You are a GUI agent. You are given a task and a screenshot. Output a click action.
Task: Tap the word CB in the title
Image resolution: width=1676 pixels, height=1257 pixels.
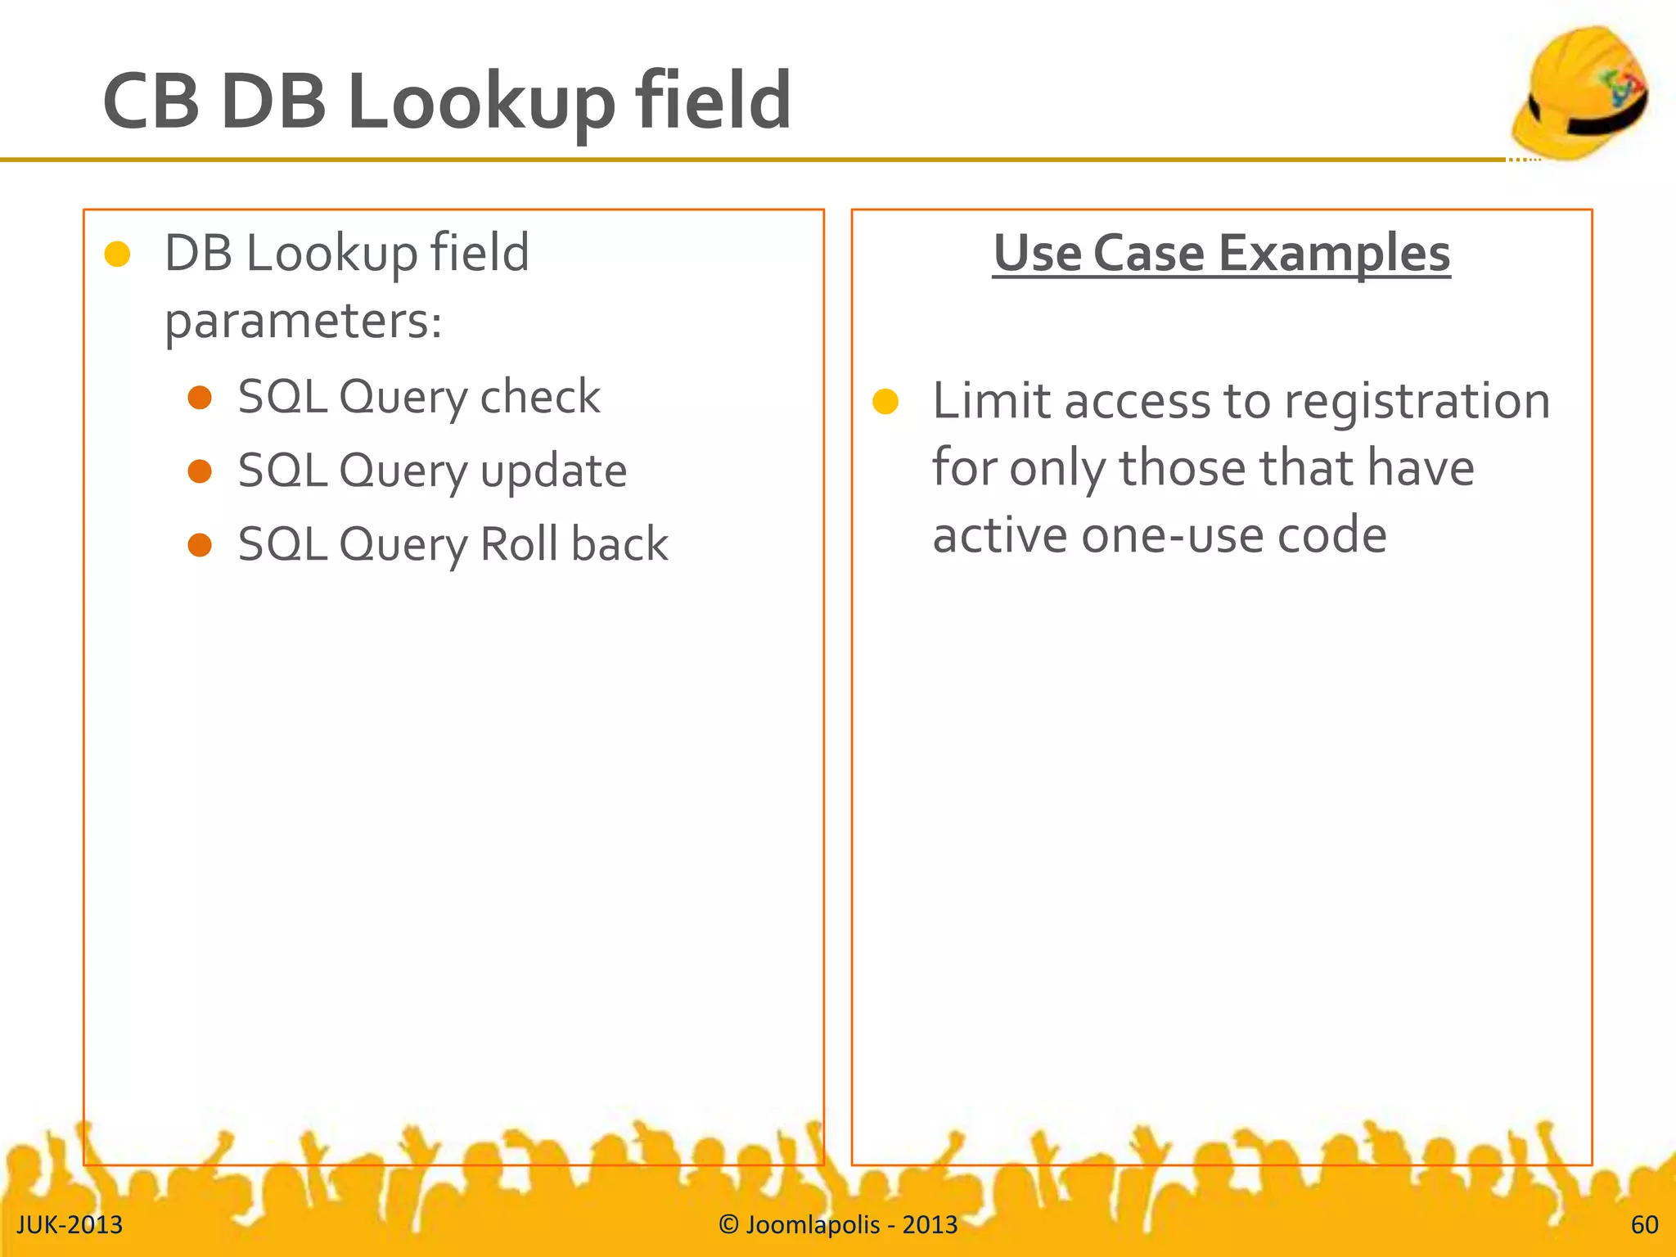point(151,102)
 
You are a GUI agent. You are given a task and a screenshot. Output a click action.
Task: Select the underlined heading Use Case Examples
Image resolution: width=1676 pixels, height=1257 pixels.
point(1221,253)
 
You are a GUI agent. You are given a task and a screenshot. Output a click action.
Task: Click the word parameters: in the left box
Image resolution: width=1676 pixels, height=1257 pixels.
point(304,322)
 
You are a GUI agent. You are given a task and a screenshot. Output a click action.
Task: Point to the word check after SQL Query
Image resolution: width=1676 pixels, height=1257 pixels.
point(540,398)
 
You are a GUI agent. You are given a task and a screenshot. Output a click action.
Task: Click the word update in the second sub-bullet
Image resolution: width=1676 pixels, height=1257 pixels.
point(553,472)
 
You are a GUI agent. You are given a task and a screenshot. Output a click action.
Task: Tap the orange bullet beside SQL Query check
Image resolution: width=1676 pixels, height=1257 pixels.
point(200,398)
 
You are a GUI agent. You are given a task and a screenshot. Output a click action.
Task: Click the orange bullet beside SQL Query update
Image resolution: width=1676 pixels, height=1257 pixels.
point(200,471)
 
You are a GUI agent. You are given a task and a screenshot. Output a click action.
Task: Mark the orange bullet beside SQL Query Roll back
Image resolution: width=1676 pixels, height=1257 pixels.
point(200,545)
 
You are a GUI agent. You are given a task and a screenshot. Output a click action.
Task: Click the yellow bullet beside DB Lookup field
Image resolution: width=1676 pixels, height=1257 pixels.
point(118,254)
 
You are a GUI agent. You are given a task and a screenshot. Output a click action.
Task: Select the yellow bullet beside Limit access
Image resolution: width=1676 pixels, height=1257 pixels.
point(885,402)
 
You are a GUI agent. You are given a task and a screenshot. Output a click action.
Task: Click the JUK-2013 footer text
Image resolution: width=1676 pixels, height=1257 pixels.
point(70,1225)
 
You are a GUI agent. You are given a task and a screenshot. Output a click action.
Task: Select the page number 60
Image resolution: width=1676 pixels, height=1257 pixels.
point(1644,1225)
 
